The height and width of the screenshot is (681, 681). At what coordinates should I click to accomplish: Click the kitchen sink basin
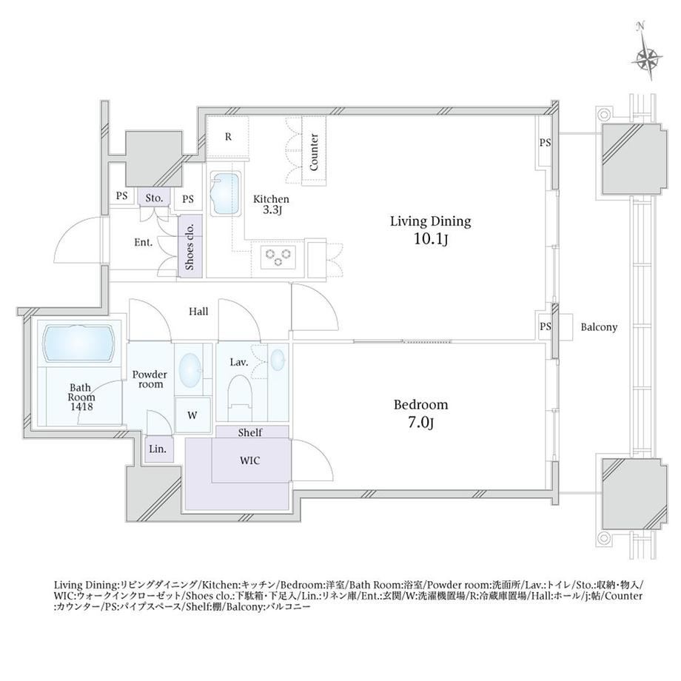(x=226, y=194)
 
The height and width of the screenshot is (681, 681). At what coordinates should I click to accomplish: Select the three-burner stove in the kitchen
(x=278, y=257)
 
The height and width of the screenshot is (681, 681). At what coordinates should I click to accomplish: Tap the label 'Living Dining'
(x=430, y=221)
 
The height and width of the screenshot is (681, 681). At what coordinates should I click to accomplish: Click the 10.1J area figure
(x=430, y=238)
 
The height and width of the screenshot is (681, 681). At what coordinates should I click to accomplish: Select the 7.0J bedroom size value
(x=420, y=422)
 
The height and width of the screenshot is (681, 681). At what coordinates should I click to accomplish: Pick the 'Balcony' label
(x=599, y=327)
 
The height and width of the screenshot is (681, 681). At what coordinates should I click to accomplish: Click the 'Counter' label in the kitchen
(x=314, y=152)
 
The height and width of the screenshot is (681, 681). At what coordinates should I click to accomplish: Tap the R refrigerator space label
(x=229, y=137)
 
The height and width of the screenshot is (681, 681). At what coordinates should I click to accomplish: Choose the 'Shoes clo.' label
(x=189, y=246)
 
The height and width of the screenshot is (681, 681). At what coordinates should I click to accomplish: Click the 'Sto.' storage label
(x=154, y=198)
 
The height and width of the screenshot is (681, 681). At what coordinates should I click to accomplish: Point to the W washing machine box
(x=192, y=415)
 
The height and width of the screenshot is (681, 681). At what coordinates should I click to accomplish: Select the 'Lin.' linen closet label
(x=158, y=449)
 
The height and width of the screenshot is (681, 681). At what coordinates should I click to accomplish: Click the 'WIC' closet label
(x=249, y=460)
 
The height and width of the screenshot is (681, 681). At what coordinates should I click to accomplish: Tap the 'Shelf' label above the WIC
(x=250, y=432)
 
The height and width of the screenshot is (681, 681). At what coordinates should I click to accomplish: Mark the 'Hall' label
(x=198, y=312)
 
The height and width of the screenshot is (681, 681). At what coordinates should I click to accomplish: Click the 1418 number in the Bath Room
(x=81, y=407)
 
